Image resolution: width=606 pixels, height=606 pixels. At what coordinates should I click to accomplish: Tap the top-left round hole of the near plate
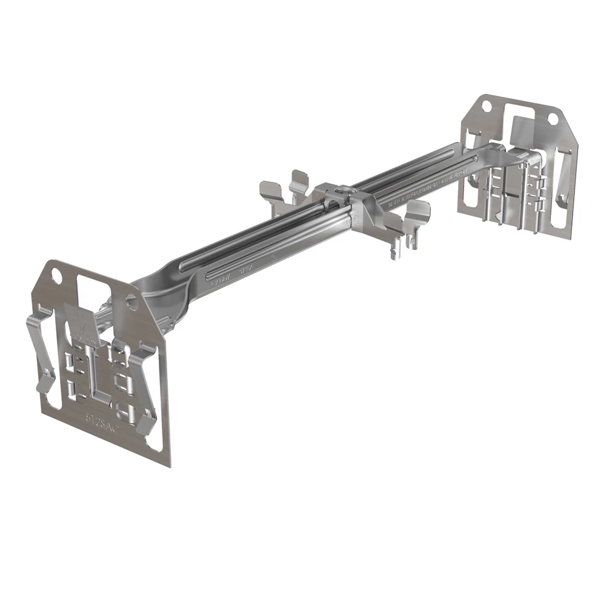(56, 275)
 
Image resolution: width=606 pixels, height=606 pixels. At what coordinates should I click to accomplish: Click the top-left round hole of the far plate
(485, 107)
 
